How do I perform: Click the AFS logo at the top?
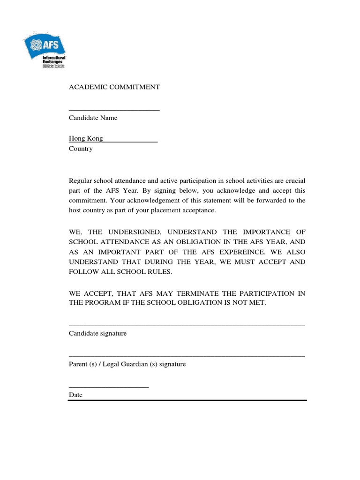45,48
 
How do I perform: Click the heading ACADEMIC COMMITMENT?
114,87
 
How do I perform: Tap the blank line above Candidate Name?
114,110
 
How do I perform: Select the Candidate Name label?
93,118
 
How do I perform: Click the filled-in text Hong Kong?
86,139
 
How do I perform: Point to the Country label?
81,149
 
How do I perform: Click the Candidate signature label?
97,334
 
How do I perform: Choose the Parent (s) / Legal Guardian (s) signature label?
127,364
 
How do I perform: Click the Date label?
75,395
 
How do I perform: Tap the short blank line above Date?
109,387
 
